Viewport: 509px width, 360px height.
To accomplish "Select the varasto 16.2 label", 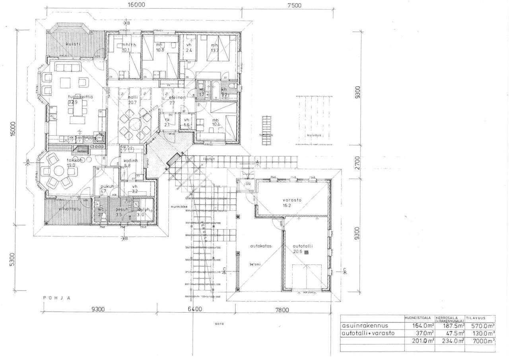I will pyautogui.click(x=291, y=200).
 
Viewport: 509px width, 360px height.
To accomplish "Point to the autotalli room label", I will pyautogui.click(x=303, y=246).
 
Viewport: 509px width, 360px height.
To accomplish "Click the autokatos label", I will pyautogui.click(x=260, y=246).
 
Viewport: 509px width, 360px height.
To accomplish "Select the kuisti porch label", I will pyautogui.click(x=74, y=44).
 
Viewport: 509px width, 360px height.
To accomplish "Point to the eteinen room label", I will pyautogui.click(x=178, y=97).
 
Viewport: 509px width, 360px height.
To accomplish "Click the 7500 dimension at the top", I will pyautogui.click(x=294, y=5).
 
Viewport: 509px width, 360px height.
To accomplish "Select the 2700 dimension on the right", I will pyautogui.click(x=357, y=163).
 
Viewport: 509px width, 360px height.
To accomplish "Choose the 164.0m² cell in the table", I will pyautogui.click(x=420, y=326).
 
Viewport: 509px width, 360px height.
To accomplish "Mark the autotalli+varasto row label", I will pyautogui.click(x=368, y=333).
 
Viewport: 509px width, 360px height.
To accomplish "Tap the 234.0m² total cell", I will pyautogui.click(x=451, y=341).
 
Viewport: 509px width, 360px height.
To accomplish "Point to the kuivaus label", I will pyautogui.click(x=314, y=135).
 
